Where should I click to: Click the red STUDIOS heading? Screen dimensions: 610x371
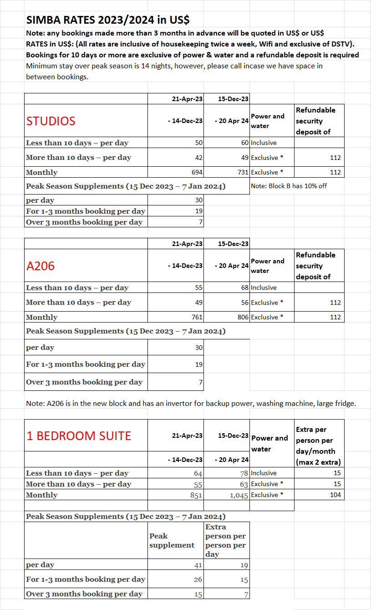pos(51,121)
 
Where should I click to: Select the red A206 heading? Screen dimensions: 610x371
pos(41,266)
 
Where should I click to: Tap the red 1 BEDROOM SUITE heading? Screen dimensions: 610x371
pos(79,436)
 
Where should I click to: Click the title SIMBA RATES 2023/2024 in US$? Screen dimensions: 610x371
pos(108,20)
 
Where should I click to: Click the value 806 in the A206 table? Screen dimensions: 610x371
pos(242,317)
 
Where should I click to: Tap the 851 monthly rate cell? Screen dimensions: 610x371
pos(196,495)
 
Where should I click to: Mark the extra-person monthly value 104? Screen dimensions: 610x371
pos(335,495)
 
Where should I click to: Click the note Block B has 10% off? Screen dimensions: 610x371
pos(289,186)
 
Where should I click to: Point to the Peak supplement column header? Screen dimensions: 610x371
pos(172,540)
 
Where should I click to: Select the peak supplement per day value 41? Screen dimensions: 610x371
pos(198,565)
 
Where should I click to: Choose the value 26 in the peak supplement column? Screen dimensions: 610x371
pos(198,579)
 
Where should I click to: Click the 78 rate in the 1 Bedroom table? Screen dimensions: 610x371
pos(244,473)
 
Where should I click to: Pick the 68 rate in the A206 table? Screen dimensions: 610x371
pos(244,287)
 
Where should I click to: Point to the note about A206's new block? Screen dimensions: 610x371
pos(191,403)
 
